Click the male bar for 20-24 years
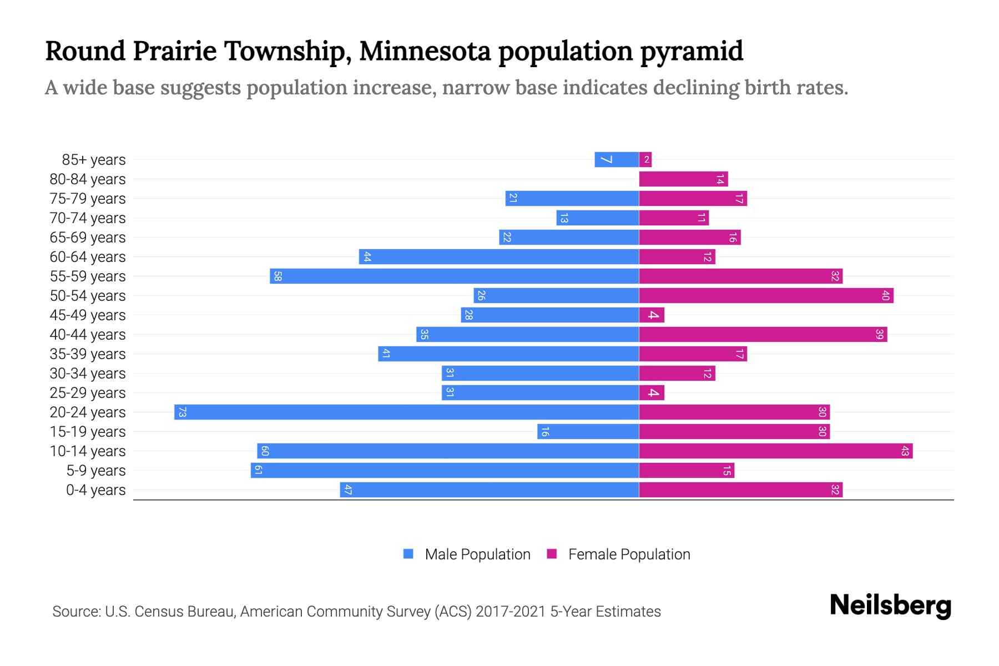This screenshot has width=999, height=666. [x=406, y=412]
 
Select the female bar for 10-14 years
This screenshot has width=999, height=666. [x=775, y=451]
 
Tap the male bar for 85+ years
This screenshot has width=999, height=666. [x=617, y=160]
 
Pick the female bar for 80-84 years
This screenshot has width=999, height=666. [x=683, y=179]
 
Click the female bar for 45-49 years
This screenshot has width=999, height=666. [x=652, y=315]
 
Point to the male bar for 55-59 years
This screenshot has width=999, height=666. [x=454, y=276]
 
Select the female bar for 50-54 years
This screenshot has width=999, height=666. [x=766, y=296]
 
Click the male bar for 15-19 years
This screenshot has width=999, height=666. [x=588, y=432]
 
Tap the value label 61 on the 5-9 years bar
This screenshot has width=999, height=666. [x=258, y=471]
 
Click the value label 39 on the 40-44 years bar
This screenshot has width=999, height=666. [x=879, y=335]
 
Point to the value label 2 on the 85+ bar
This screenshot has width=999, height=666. [x=647, y=160]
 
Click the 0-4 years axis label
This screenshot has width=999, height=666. [x=95, y=490]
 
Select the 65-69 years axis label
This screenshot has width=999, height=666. [x=88, y=238]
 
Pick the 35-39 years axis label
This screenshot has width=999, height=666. [x=88, y=354]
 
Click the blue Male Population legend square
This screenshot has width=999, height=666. [x=408, y=554]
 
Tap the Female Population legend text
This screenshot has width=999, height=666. [x=629, y=554]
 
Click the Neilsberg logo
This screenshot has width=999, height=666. [x=890, y=606]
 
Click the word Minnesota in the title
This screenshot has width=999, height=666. [x=425, y=51]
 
